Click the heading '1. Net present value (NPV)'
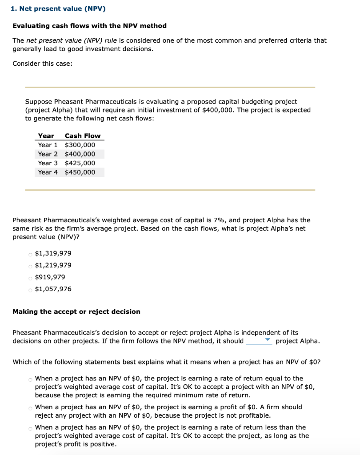click(x=59, y=9)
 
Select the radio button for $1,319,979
click(x=30, y=254)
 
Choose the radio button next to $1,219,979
click(x=30, y=266)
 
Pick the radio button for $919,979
click(x=30, y=278)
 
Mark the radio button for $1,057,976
click(x=30, y=290)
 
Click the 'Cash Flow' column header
click(x=83, y=136)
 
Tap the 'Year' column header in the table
click(x=46, y=136)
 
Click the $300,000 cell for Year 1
click(x=80, y=145)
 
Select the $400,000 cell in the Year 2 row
click(x=80, y=154)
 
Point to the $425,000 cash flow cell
click(x=80, y=163)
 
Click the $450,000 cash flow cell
click(x=80, y=172)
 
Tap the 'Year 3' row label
click(x=48, y=163)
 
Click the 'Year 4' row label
click(x=48, y=172)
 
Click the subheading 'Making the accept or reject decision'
click(x=76, y=311)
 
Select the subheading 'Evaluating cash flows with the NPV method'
click(x=89, y=26)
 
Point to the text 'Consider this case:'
click(x=42, y=64)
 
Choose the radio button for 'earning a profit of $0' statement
click(x=30, y=407)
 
